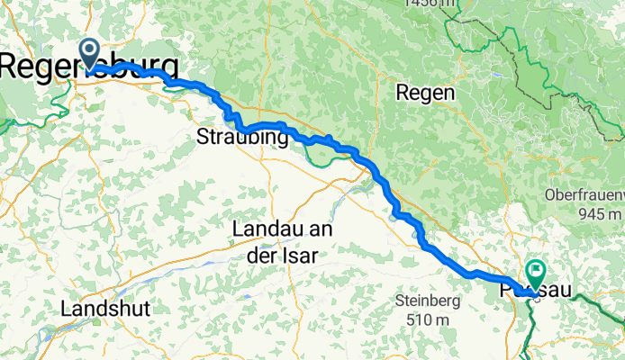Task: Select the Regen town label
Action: (x=425, y=93)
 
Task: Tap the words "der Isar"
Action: (x=281, y=255)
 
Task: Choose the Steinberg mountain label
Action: (x=428, y=301)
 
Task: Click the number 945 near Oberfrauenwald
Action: (x=591, y=214)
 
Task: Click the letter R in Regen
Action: (x=402, y=93)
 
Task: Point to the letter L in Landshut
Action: (x=66, y=308)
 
